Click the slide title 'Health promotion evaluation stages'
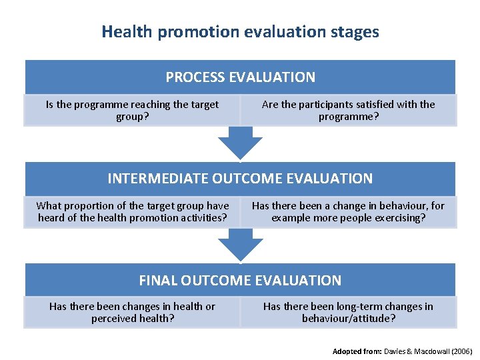click(x=240, y=31)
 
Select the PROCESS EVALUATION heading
click(x=240, y=77)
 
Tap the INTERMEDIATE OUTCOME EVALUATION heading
click(x=240, y=179)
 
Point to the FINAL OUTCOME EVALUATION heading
click(x=240, y=281)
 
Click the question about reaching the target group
click(x=132, y=111)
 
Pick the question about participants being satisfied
click(x=348, y=111)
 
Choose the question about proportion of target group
click(x=132, y=212)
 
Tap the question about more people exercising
click(x=348, y=212)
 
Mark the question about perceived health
click(x=132, y=313)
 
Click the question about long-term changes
click(x=348, y=313)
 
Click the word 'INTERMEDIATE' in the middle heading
click(x=158, y=179)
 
